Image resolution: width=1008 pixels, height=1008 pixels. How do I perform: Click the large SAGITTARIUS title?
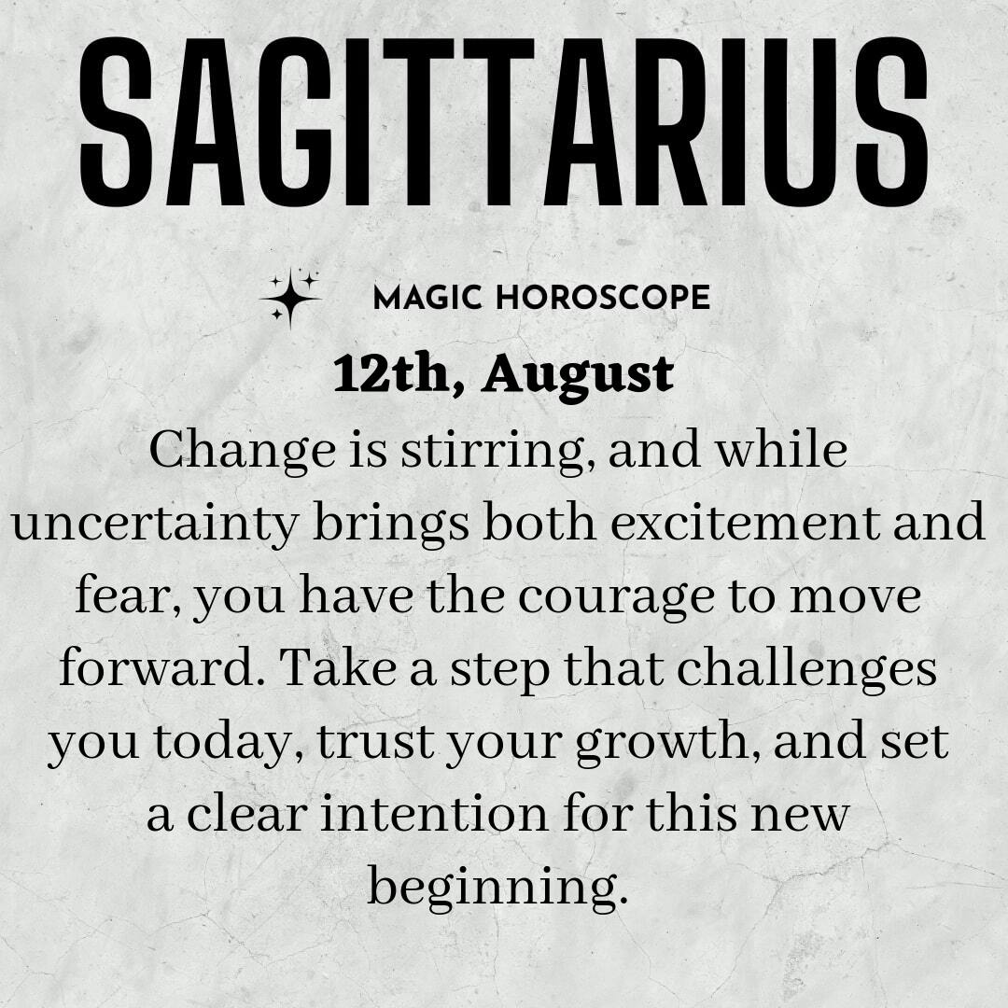click(x=503, y=122)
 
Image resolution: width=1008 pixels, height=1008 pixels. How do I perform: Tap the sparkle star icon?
click(x=290, y=299)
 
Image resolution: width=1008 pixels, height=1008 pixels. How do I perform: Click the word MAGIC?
click(x=427, y=298)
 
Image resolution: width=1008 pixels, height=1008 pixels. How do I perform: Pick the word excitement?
click(x=745, y=522)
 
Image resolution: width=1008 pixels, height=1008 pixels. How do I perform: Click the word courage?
click(x=617, y=599)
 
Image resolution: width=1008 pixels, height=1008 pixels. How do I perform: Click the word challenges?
click(x=806, y=670)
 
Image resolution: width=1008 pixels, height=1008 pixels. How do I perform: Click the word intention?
click(x=434, y=814)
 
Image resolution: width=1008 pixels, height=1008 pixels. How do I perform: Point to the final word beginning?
click(x=497, y=889)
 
